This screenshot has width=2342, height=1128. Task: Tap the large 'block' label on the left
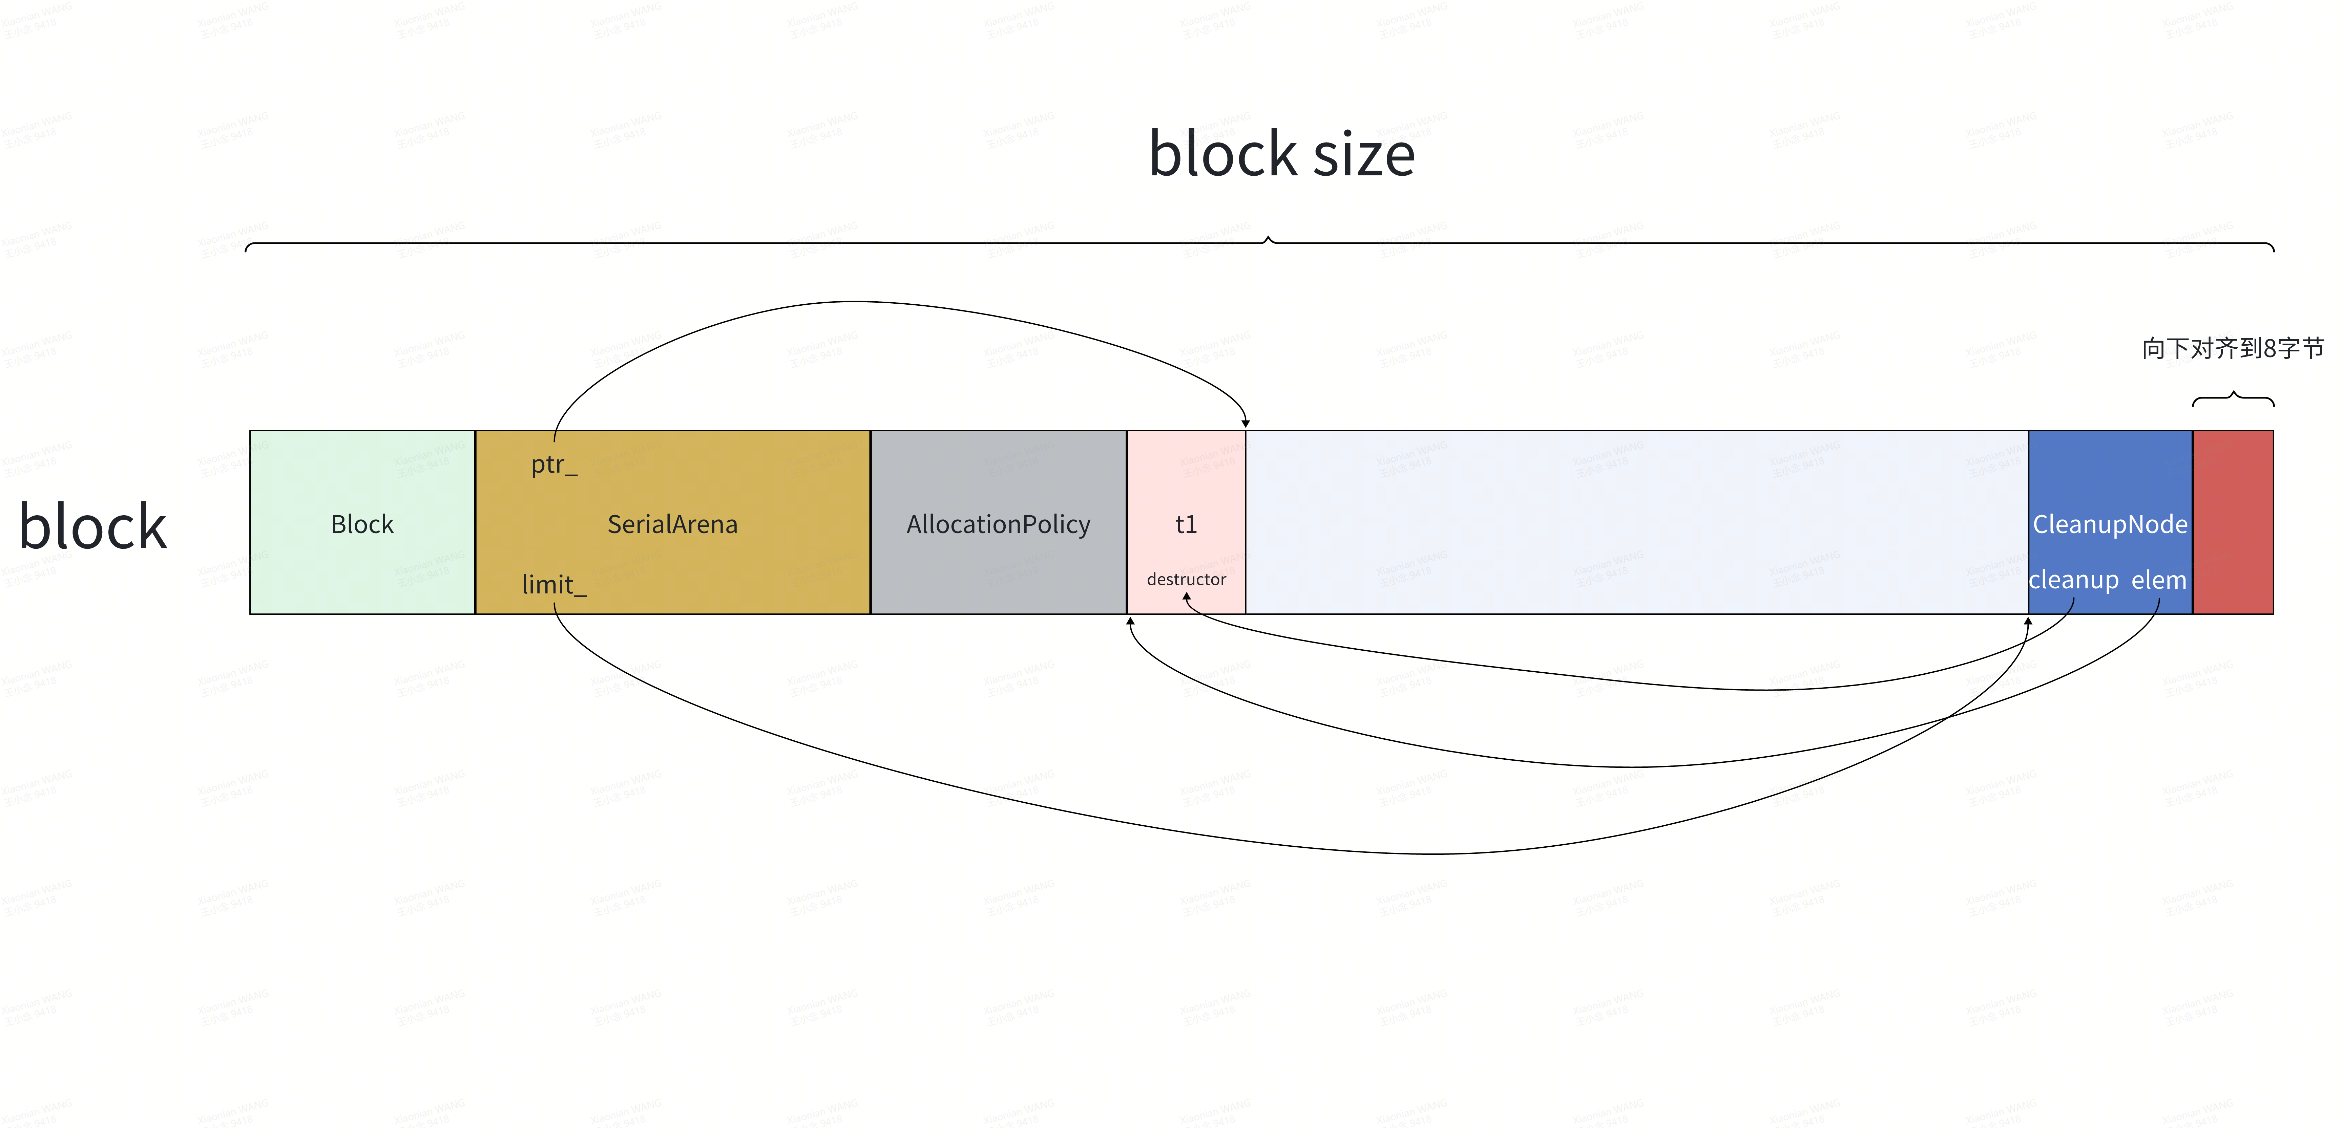point(93,527)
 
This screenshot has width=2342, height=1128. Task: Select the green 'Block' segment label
point(362,524)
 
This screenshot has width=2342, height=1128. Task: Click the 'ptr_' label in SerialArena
point(554,464)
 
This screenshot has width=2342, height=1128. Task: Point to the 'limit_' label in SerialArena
point(554,584)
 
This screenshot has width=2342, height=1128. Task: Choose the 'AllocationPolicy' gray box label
point(998,524)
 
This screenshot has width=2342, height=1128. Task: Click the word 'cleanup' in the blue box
point(2073,580)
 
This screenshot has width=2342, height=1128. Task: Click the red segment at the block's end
point(2233,523)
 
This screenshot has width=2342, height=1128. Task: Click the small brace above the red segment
point(2233,397)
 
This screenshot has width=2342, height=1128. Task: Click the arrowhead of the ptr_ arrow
point(1246,422)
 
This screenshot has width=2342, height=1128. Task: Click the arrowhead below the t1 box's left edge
point(1130,622)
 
